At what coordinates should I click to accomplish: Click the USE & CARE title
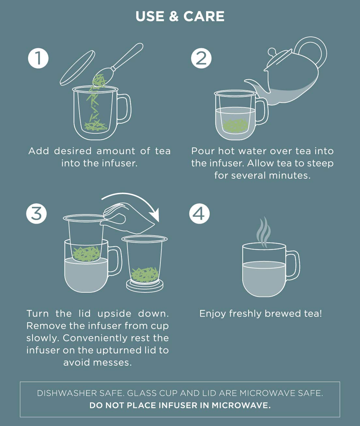(180, 16)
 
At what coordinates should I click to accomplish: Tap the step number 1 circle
(38, 58)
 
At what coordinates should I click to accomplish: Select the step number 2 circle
(201, 58)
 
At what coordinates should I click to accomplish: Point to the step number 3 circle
(37, 214)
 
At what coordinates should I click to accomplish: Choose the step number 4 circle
(200, 214)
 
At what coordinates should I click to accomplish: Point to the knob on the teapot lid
(272, 51)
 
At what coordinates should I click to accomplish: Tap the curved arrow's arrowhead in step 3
(154, 216)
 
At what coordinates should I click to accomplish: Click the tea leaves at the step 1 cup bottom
(96, 125)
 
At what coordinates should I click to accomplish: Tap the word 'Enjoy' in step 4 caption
(213, 314)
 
